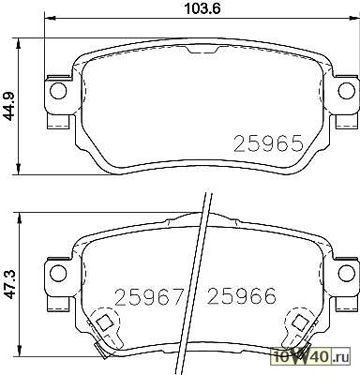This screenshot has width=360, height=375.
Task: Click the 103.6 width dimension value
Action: (202, 8)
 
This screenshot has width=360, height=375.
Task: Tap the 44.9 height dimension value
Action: (10, 106)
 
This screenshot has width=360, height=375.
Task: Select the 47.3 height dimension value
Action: (10, 284)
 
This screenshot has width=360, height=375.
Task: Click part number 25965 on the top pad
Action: (269, 143)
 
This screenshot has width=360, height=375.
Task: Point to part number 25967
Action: (148, 296)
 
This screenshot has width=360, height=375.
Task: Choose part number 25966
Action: (242, 296)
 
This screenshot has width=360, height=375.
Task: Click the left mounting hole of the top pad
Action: (58, 91)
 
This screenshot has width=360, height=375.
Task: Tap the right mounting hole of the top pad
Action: (347, 90)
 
